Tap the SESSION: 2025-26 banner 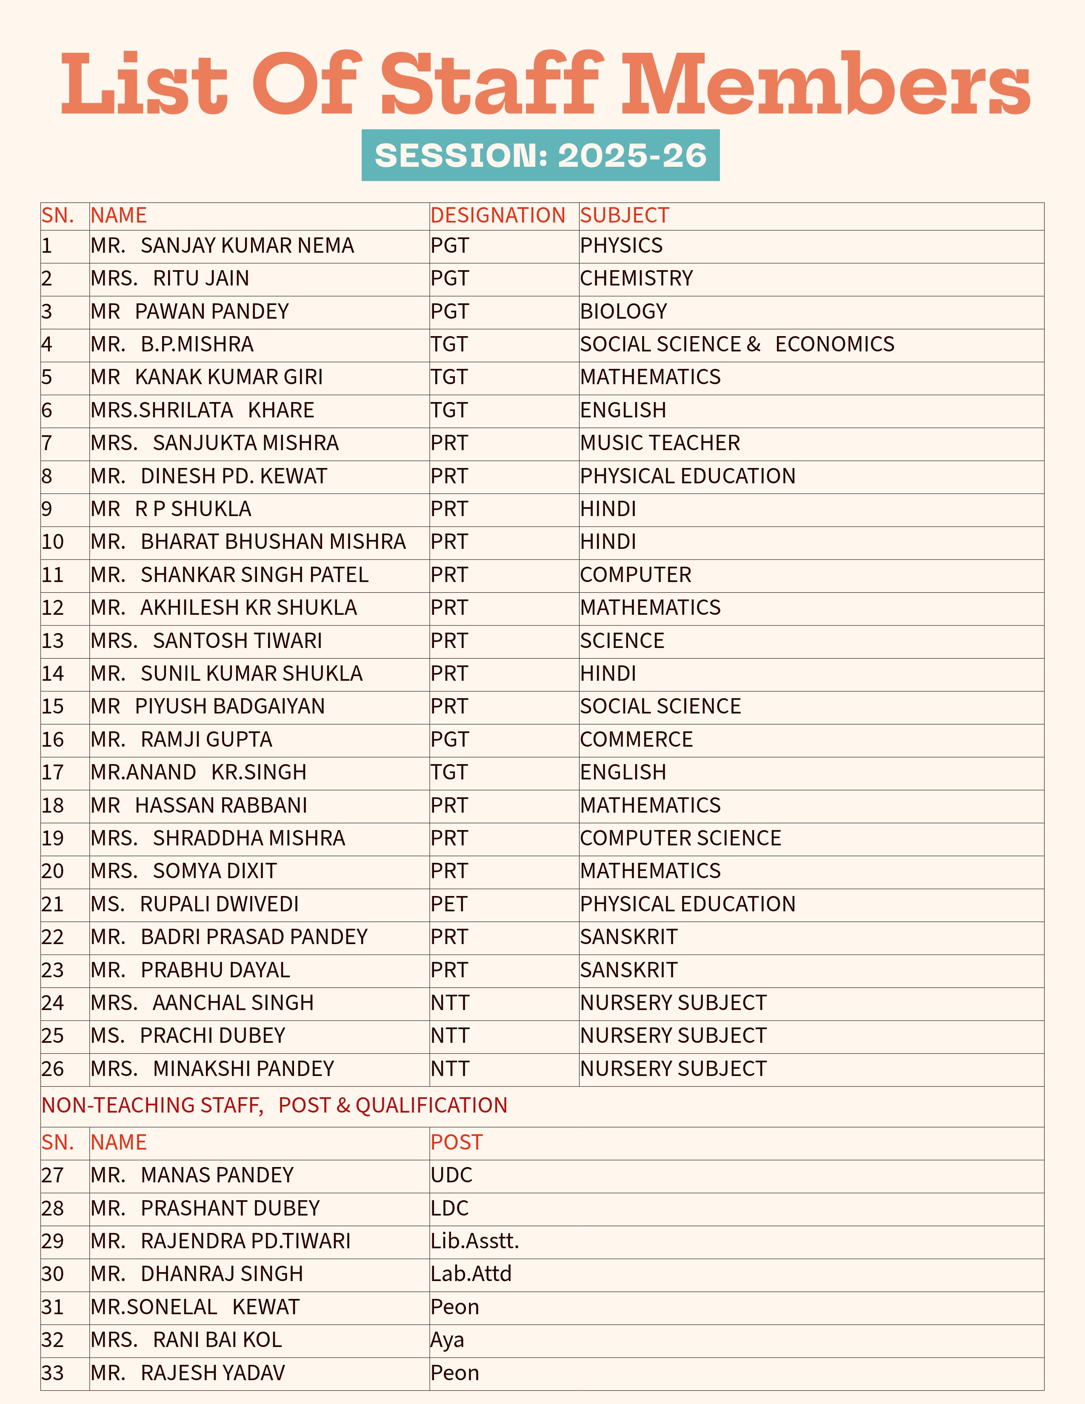click(540, 156)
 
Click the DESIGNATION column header click(497, 215)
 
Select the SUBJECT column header click(624, 215)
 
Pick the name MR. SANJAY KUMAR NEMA click(223, 245)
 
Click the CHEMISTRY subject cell click(637, 278)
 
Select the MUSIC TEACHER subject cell click(660, 443)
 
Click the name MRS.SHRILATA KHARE click(203, 410)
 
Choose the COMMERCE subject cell click(637, 739)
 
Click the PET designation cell click(448, 904)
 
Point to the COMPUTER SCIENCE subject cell click(680, 838)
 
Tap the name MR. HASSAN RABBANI click(199, 805)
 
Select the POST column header click(457, 1142)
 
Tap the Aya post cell click(447, 1340)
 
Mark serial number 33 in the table click(53, 1373)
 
